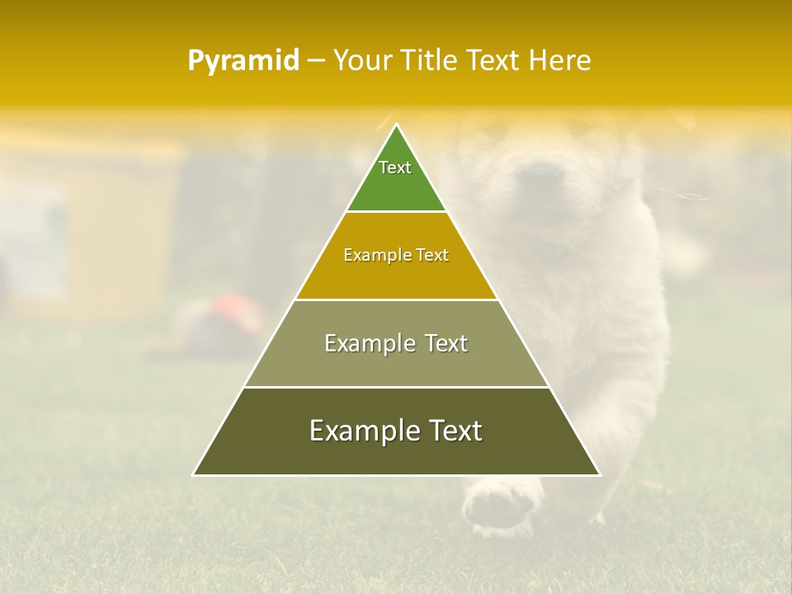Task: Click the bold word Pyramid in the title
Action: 243,61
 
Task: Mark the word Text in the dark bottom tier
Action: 455,431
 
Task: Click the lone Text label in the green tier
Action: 395,167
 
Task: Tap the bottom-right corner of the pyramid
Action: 599,474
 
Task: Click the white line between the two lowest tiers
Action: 396,387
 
